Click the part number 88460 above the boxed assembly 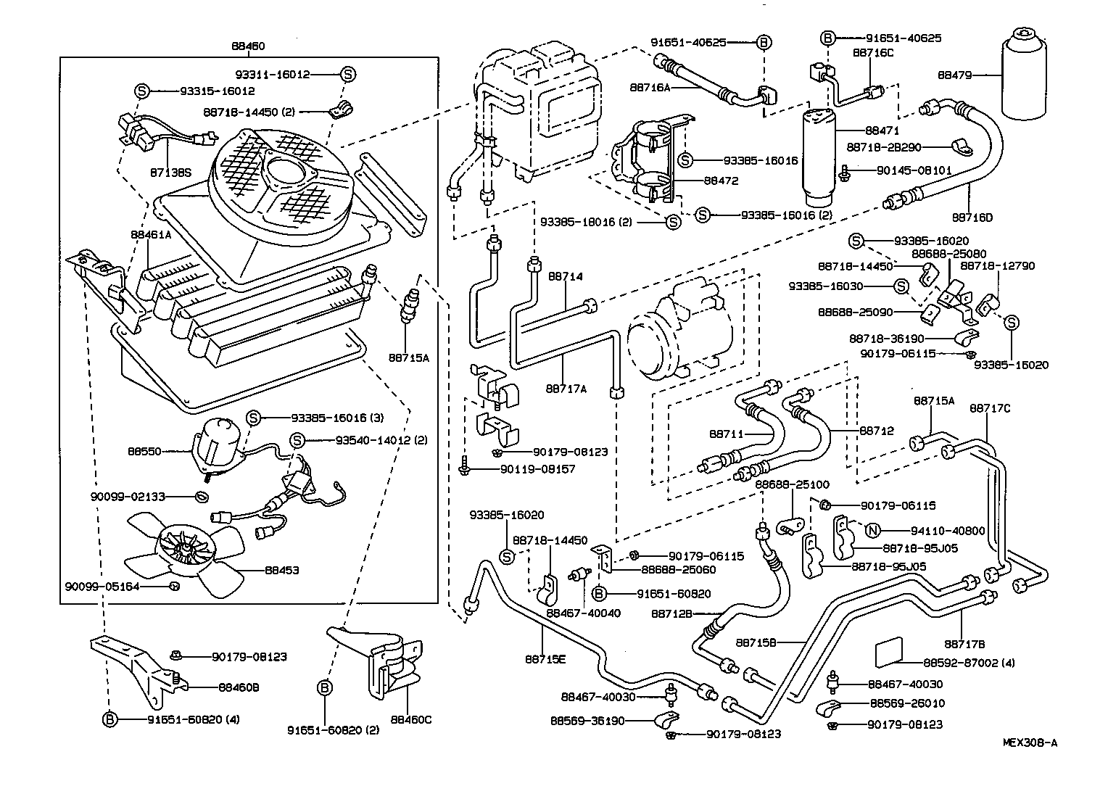[x=248, y=46]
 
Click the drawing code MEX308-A [x=1030, y=742]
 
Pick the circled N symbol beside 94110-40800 [x=873, y=531]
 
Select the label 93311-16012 [x=272, y=74]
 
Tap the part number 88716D [x=972, y=217]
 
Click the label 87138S [x=170, y=173]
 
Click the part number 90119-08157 [x=537, y=469]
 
